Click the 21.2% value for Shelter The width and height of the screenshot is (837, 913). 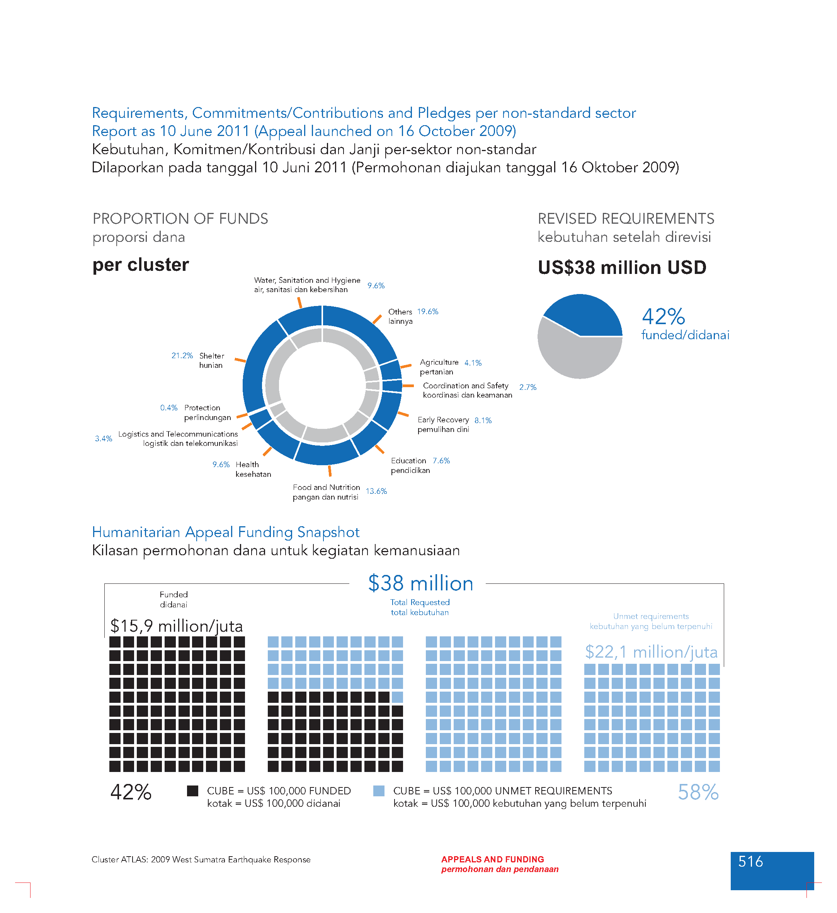click(182, 356)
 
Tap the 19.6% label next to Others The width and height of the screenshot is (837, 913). click(427, 311)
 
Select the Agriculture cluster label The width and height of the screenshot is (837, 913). click(439, 362)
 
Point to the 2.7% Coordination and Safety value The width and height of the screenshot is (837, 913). click(527, 387)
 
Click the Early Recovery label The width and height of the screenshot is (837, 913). click(443, 420)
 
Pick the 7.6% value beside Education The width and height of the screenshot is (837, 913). click(441, 461)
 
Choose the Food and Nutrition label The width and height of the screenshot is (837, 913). click(326, 487)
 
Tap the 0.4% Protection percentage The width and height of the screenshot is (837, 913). click(168, 408)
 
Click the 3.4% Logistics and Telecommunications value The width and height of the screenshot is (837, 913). click(103, 439)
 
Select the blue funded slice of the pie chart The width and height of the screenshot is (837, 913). click(587, 317)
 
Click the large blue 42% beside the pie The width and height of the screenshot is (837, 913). click(663, 316)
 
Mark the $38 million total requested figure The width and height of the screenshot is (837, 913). click(420, 583)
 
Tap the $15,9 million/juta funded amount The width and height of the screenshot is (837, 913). click(177, 626)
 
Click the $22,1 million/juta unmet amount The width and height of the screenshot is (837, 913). click(651, 652)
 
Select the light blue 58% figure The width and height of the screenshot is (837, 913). click(697, 792)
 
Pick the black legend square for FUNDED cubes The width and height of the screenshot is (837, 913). click(192, 791)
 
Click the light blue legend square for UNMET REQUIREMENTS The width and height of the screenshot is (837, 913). click(379, 791)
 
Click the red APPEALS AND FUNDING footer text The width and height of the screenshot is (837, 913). click(492, 860)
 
